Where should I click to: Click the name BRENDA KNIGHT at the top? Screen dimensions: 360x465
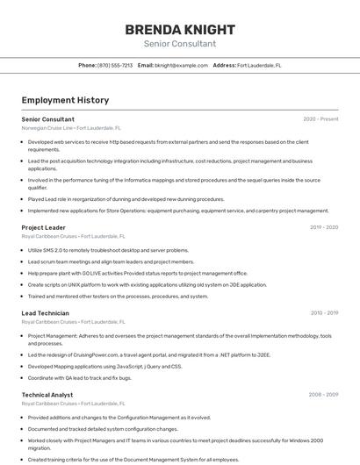coord(179,28)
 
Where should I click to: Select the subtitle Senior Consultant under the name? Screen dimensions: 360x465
coord(179,44)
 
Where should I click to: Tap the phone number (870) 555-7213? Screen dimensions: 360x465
coord(116,66)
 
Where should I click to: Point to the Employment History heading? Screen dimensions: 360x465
coord(65,101)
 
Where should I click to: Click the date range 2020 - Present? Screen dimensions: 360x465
coord(320,119)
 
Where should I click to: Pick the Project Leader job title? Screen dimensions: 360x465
coord(43,227)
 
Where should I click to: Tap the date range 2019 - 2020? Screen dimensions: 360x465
coord(324,227)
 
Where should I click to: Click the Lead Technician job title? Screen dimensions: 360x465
coord(45,313)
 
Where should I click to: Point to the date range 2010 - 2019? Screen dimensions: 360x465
coord(324,313)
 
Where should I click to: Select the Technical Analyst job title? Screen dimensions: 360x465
coord(47,395)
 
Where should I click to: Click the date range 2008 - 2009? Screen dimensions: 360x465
coord(323,395)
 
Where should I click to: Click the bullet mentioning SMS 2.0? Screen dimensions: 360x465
coord(108,250)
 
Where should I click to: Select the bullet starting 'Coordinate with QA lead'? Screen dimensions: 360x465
coord(79,377)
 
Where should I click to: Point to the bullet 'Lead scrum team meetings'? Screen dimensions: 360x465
coord(111,261)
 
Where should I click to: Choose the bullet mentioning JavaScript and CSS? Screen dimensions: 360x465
coord(104,366)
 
